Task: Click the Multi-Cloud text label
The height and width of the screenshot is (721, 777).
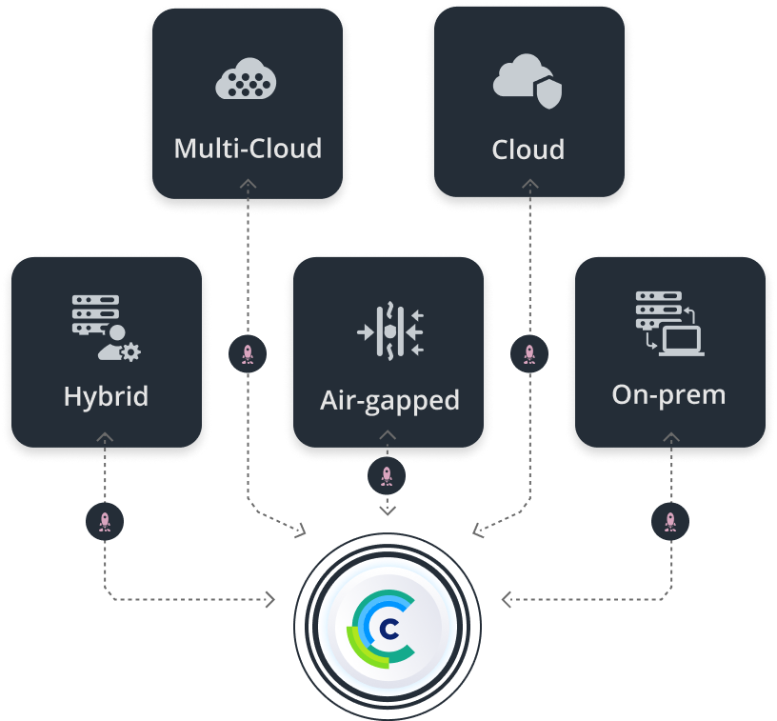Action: [248, 149]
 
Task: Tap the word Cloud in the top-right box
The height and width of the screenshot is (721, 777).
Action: [528, 150]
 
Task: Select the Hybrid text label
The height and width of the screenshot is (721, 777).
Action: [106, 395]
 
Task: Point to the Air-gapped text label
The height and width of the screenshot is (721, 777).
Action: [389, 399]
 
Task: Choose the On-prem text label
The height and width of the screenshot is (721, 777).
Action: [668, 393]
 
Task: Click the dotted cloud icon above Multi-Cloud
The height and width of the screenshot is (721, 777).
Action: [247, 81]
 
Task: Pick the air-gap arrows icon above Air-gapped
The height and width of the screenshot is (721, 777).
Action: [389, 331]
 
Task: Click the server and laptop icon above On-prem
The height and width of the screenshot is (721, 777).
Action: [669, 325]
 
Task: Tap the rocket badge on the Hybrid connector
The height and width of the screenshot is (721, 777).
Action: [105, 521]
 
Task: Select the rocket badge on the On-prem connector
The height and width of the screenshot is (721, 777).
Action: [670, 521]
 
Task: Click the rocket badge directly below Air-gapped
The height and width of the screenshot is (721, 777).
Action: [387, 476]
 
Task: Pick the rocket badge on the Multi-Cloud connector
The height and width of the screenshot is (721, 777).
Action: [248, 354]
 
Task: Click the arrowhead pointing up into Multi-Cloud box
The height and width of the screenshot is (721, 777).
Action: [248, 183]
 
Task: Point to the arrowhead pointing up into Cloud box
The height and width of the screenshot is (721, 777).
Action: [529, 183]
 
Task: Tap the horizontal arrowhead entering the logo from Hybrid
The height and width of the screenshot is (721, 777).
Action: [270, 599]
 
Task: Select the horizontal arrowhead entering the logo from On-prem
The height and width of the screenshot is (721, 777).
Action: [507, 599]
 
